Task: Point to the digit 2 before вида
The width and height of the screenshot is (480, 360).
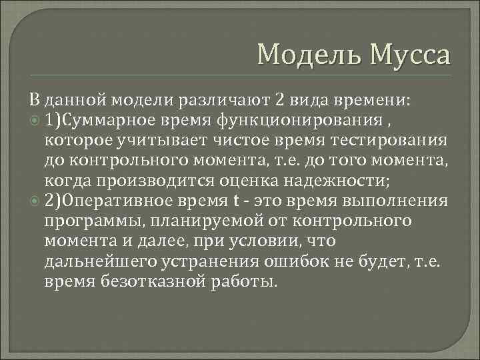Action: [x=281, y=101]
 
